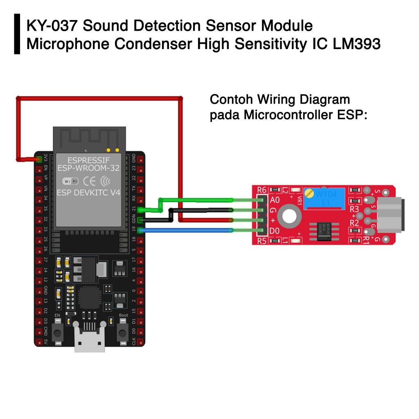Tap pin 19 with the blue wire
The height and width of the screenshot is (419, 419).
(x=141, y=230)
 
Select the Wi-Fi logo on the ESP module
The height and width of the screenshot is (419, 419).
(x=70, y=181)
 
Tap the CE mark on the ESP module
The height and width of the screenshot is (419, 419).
(x=90, y=181)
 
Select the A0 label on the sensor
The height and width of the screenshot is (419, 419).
(x=275, y=200)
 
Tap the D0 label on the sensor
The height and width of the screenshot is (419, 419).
(x=275, y=231)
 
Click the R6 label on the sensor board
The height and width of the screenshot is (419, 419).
(x=262, y=190)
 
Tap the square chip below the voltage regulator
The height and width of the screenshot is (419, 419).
(x=90, y=297)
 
